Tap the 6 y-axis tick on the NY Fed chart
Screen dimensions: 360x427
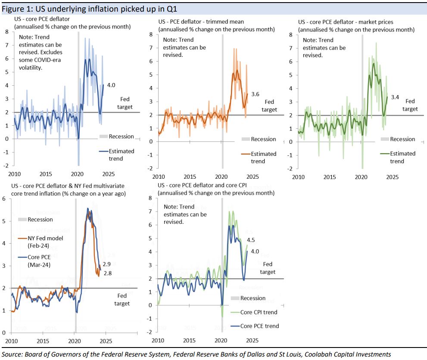4,199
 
